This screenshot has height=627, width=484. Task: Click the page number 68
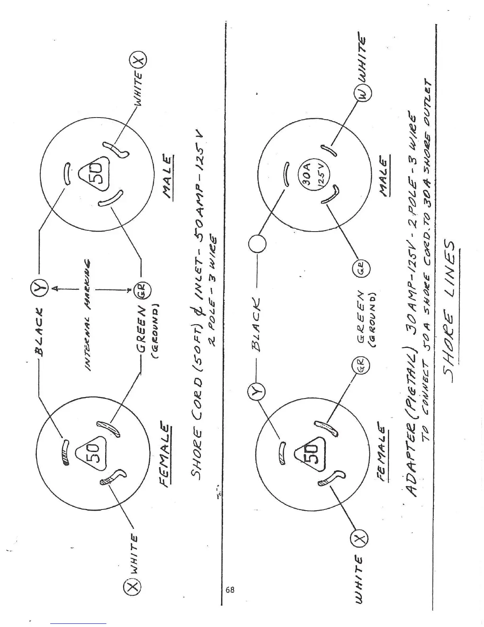coord(230,590)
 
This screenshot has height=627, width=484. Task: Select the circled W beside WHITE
coord(363,95)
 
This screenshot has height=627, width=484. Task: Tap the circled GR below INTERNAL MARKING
coord(141,290)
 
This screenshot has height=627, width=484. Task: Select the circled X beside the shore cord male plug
coord(137,60)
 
